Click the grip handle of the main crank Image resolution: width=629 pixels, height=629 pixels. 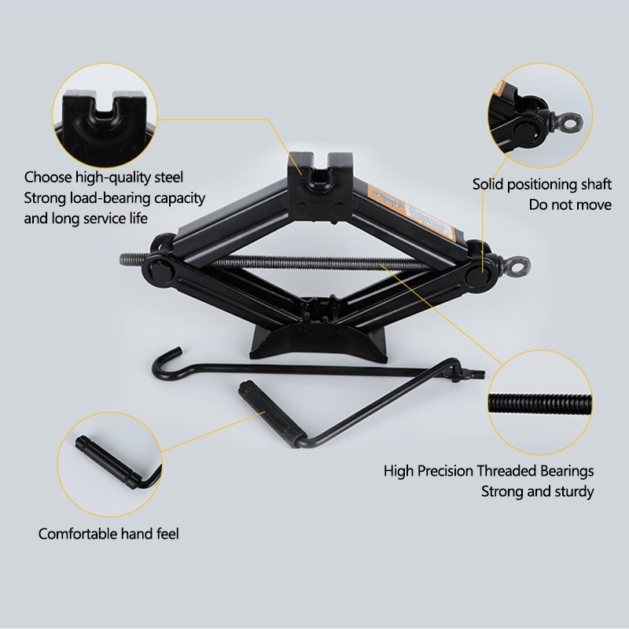point(269,412)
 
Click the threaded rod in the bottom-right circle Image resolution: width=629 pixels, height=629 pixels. point(540,403)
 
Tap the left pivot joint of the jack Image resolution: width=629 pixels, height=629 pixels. point(158,268)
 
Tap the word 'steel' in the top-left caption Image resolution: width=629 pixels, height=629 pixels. point(168,178)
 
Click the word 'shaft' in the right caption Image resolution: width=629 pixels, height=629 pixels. point(597,185)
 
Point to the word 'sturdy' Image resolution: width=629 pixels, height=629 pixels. point(575,492)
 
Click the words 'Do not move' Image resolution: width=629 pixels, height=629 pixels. point(570,205)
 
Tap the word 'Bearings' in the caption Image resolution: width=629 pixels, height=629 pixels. point(567,471)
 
